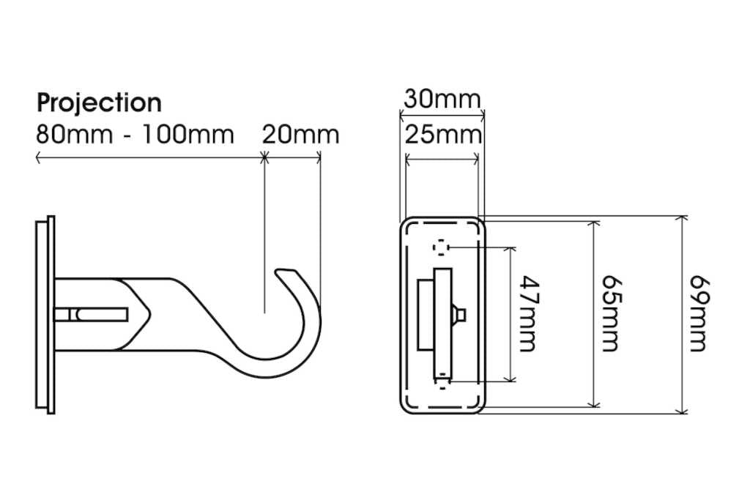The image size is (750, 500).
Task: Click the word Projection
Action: coord(99,102)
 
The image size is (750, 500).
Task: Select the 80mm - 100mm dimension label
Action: coord(135,135)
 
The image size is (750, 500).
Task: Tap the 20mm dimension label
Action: coord(300,135)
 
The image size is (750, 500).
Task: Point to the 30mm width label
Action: coord(442,98)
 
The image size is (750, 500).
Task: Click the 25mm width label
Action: coord(443,135)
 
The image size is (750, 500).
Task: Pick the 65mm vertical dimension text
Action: coord(612,313)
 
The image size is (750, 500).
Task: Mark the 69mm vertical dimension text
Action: coord(699,313)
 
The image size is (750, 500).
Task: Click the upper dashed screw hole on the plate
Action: coord(441,247)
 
